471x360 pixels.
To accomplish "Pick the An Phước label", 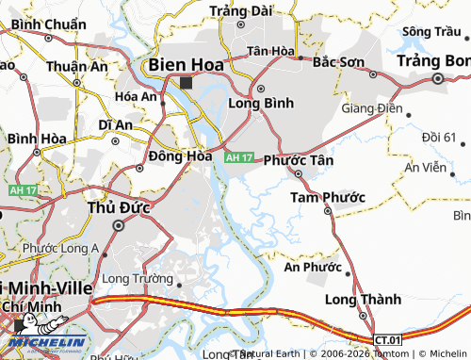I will tap(313, 267).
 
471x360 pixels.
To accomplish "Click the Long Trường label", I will tap(138, 279).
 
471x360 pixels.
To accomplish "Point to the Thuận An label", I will tap(77, 66).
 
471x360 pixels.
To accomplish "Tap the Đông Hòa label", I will tap(180, 156).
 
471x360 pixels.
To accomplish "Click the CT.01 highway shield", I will tap(386, 339).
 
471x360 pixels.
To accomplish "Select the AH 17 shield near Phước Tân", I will tap(239, 156).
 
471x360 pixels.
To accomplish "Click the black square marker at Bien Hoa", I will tap(186, 82).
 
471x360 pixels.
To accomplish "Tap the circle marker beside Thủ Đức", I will tap(119, 226).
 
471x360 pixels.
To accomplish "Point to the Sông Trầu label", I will tap(425, 31).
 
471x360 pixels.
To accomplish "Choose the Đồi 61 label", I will tap(439, 138).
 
